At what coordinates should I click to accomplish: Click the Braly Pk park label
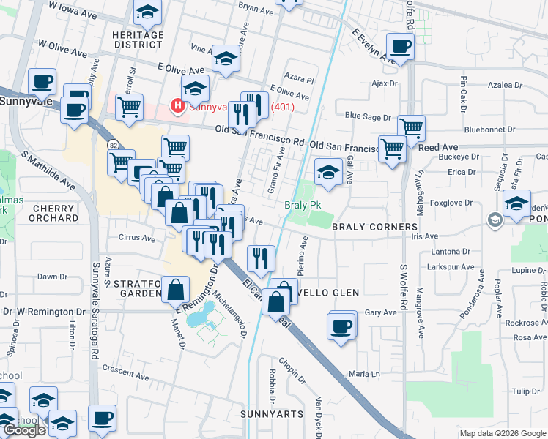click(x=303, y=206)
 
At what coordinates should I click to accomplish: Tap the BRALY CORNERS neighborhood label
click(x=374, y=228)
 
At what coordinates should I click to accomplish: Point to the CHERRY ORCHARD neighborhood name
click(x=54, y=213)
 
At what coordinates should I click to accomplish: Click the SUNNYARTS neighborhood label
click(x=271, y=414)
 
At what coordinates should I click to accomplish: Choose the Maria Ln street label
click(x=364, y=374)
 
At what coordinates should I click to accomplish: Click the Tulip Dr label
click(x=526, y=391)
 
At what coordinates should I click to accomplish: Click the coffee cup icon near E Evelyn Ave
click(x=400, y=47)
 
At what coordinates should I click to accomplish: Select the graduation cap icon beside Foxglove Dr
click(x=517, y=204)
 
